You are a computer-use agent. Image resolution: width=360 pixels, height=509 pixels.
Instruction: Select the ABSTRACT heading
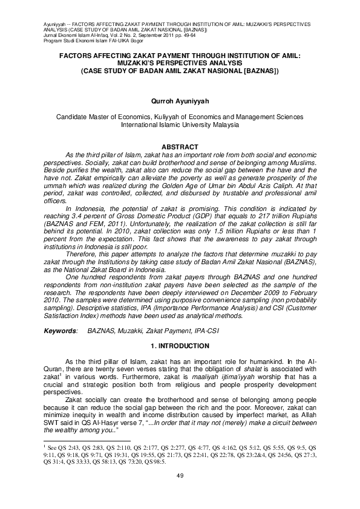click(180, 148)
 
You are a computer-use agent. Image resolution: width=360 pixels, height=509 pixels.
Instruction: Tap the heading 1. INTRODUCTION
click(180, 346)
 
